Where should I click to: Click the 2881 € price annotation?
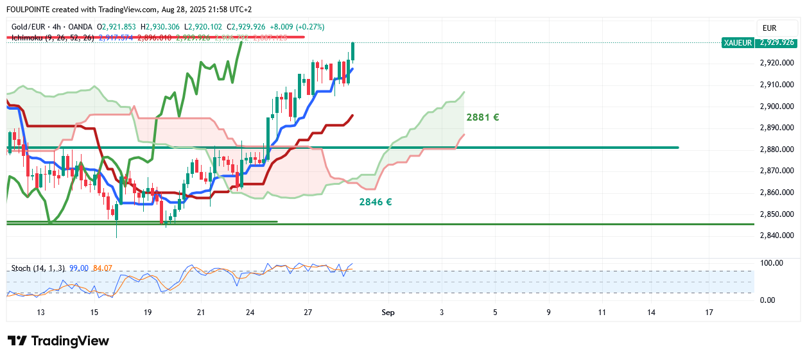[482, 117]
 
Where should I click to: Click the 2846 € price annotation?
[375, 202]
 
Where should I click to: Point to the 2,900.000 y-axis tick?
[776, 107]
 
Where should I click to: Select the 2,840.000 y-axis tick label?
[776, 236]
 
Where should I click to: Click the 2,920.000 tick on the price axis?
[776, 64]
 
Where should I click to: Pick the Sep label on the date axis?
[387, 313]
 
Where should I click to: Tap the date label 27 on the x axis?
[308, 313]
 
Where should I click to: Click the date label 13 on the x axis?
[40, 313]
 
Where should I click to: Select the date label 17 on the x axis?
[709, 313]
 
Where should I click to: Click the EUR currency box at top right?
[769, 28]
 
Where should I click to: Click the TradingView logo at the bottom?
[58, 341]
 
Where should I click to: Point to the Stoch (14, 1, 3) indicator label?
[37, 268]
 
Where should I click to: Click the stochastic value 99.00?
[78, 268]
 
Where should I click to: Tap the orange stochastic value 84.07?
[103, 268]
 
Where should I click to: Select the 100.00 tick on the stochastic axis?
[771, 263]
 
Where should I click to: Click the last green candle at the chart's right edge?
[353, 51]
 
